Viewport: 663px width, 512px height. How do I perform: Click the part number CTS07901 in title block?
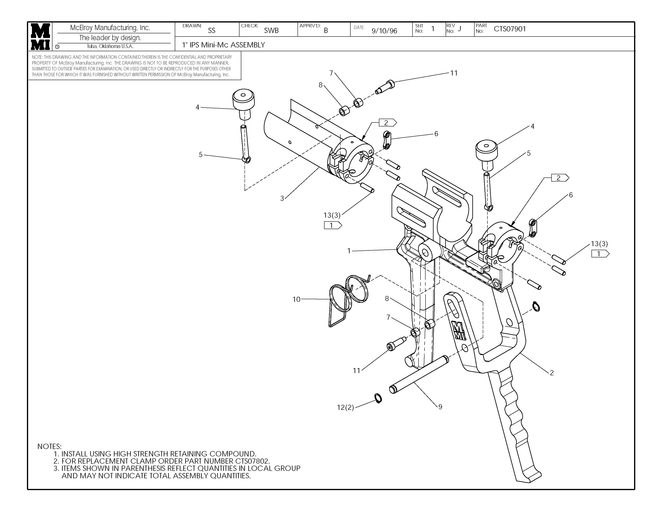(510, 29)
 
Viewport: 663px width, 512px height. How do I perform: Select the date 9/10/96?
(384, 31)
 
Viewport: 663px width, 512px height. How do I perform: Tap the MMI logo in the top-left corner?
(40, 36)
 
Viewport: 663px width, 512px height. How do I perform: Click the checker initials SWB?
(271, 30)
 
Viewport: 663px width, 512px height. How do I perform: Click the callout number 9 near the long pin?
(440, 407)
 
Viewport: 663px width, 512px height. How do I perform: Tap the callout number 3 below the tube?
(282, 198)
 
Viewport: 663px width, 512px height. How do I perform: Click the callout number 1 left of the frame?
(349, 251)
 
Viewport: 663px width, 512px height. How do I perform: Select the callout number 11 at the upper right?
(453, 73)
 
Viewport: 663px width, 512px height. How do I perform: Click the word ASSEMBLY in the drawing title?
(248, 45)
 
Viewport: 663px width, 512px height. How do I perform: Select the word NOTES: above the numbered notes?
(49, 447)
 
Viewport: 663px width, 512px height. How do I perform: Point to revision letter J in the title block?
(459, 29)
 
